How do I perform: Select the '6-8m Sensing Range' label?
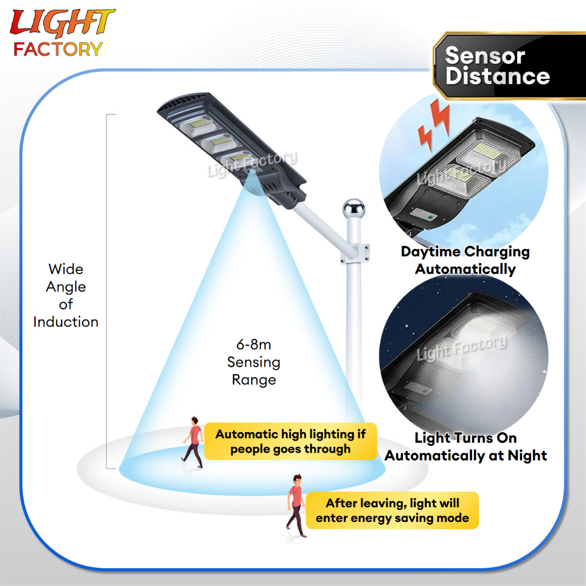click(x=254, y=362)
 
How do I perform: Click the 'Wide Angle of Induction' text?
click(x=66, y=295)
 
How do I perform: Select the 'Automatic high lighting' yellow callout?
click(x=291, y=441)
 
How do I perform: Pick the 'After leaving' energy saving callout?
click(x=393, y=510)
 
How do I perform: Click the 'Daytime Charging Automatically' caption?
click(x=465, y=260)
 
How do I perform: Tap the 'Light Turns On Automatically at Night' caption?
click(x=466, y=447)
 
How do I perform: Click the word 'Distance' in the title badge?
click(x=498, y=77)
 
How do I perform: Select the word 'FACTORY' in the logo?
click(x=58, y=49)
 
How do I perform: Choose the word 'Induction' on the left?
click(x=66, y=322)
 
